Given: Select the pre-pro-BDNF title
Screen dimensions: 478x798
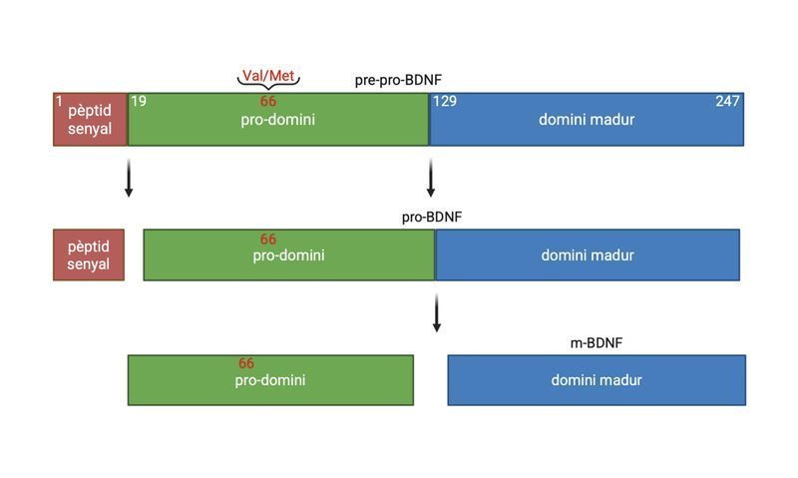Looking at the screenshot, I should [398, 80].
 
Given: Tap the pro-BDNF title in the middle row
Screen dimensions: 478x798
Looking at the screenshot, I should [432, 217].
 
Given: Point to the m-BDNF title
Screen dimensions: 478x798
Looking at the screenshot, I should [597, 343].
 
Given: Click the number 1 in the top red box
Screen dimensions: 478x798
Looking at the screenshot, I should [60, 101].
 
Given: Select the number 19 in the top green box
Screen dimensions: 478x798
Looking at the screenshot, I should [139, 101].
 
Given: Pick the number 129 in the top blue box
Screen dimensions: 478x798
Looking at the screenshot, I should [445, 102].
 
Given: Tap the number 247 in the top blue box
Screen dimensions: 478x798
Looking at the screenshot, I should [727, 102].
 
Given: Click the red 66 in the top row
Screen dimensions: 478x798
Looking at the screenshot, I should [268, 102].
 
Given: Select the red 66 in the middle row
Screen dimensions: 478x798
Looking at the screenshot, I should [268, 239].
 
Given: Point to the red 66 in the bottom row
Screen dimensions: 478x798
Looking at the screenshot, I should [246, 364].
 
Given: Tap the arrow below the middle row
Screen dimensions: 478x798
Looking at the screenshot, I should [436, 312].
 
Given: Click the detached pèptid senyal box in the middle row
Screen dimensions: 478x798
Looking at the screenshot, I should [89, 254].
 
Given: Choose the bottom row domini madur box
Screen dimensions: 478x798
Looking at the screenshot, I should [597, 380].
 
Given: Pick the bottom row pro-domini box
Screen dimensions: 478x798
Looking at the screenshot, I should [270, 380].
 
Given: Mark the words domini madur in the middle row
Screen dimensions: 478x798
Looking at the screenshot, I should [588, 255].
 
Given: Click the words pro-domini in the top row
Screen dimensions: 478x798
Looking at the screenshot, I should [278, 120].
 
